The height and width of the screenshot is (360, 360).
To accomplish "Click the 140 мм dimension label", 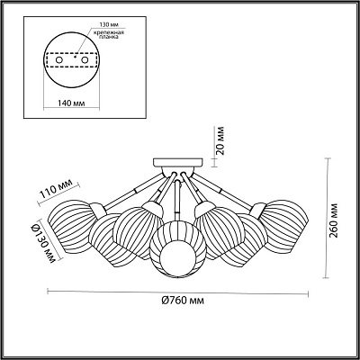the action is [x=70, y=103].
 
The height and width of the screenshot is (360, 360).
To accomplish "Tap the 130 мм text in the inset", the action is [x=108, y=25].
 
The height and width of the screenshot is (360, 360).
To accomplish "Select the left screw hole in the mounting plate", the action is [x=59, y=60].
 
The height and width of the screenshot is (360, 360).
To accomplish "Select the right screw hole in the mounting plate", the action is [x=85, y=60].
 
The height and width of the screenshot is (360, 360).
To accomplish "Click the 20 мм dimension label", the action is [x=220, y=140].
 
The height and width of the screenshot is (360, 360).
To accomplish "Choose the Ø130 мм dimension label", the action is [x=41, y=244].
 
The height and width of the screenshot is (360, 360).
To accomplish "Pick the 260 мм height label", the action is [x=334, y=220].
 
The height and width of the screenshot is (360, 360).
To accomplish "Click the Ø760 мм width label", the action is [x=183, y=300].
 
